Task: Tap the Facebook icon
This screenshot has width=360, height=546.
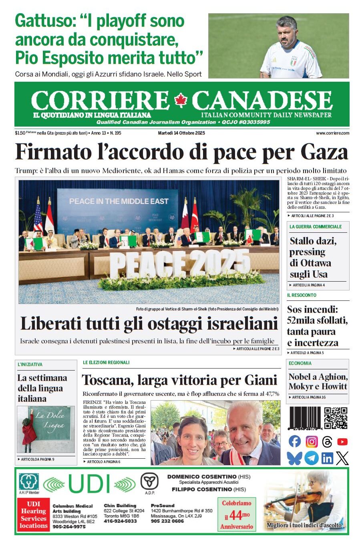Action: [295, 441]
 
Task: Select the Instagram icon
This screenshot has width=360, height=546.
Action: [312, 441]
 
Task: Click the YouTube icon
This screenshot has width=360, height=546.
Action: [342, 441]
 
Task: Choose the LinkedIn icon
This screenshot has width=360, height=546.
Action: [327, 458]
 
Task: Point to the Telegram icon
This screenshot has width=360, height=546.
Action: [311, 458]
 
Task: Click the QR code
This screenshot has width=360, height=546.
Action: [336, 418]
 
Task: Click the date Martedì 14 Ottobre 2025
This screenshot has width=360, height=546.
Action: [181, 133]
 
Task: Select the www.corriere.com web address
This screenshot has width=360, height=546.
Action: [332, 133]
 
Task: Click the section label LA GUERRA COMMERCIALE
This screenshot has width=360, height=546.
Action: [316, 227]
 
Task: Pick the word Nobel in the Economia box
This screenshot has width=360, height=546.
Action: [300, 377]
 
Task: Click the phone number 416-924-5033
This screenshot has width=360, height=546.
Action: [120, 521]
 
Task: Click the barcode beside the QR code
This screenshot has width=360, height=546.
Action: [305, 418]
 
